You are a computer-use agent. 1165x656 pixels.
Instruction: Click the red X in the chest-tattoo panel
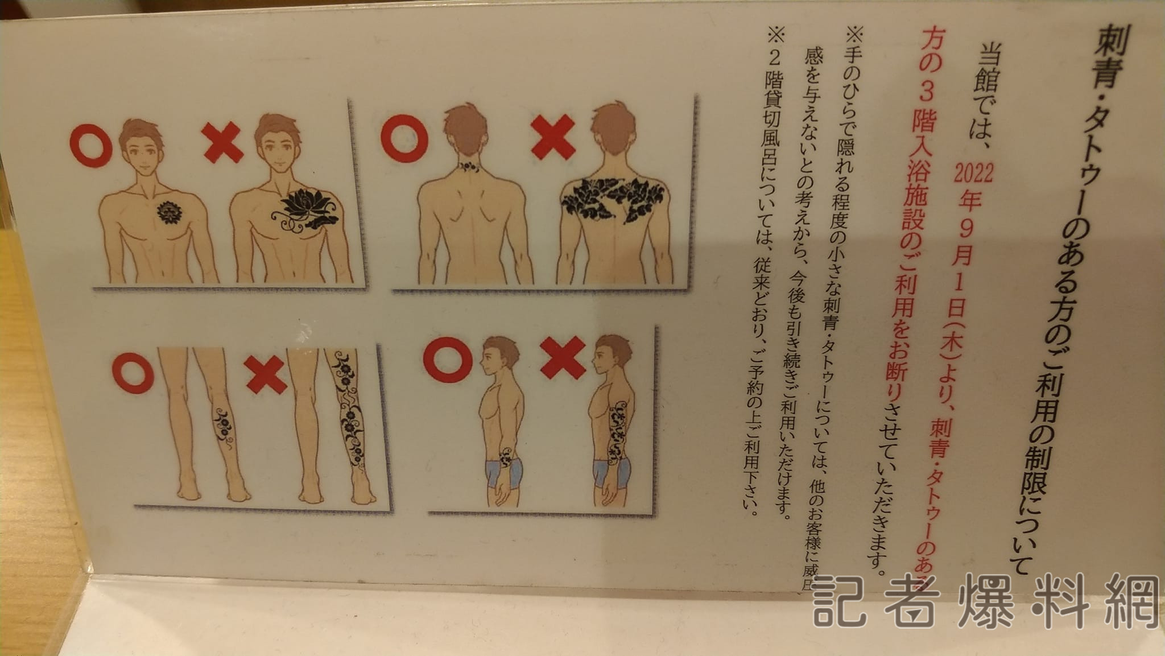pyautogui.click(x=223, y=142)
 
